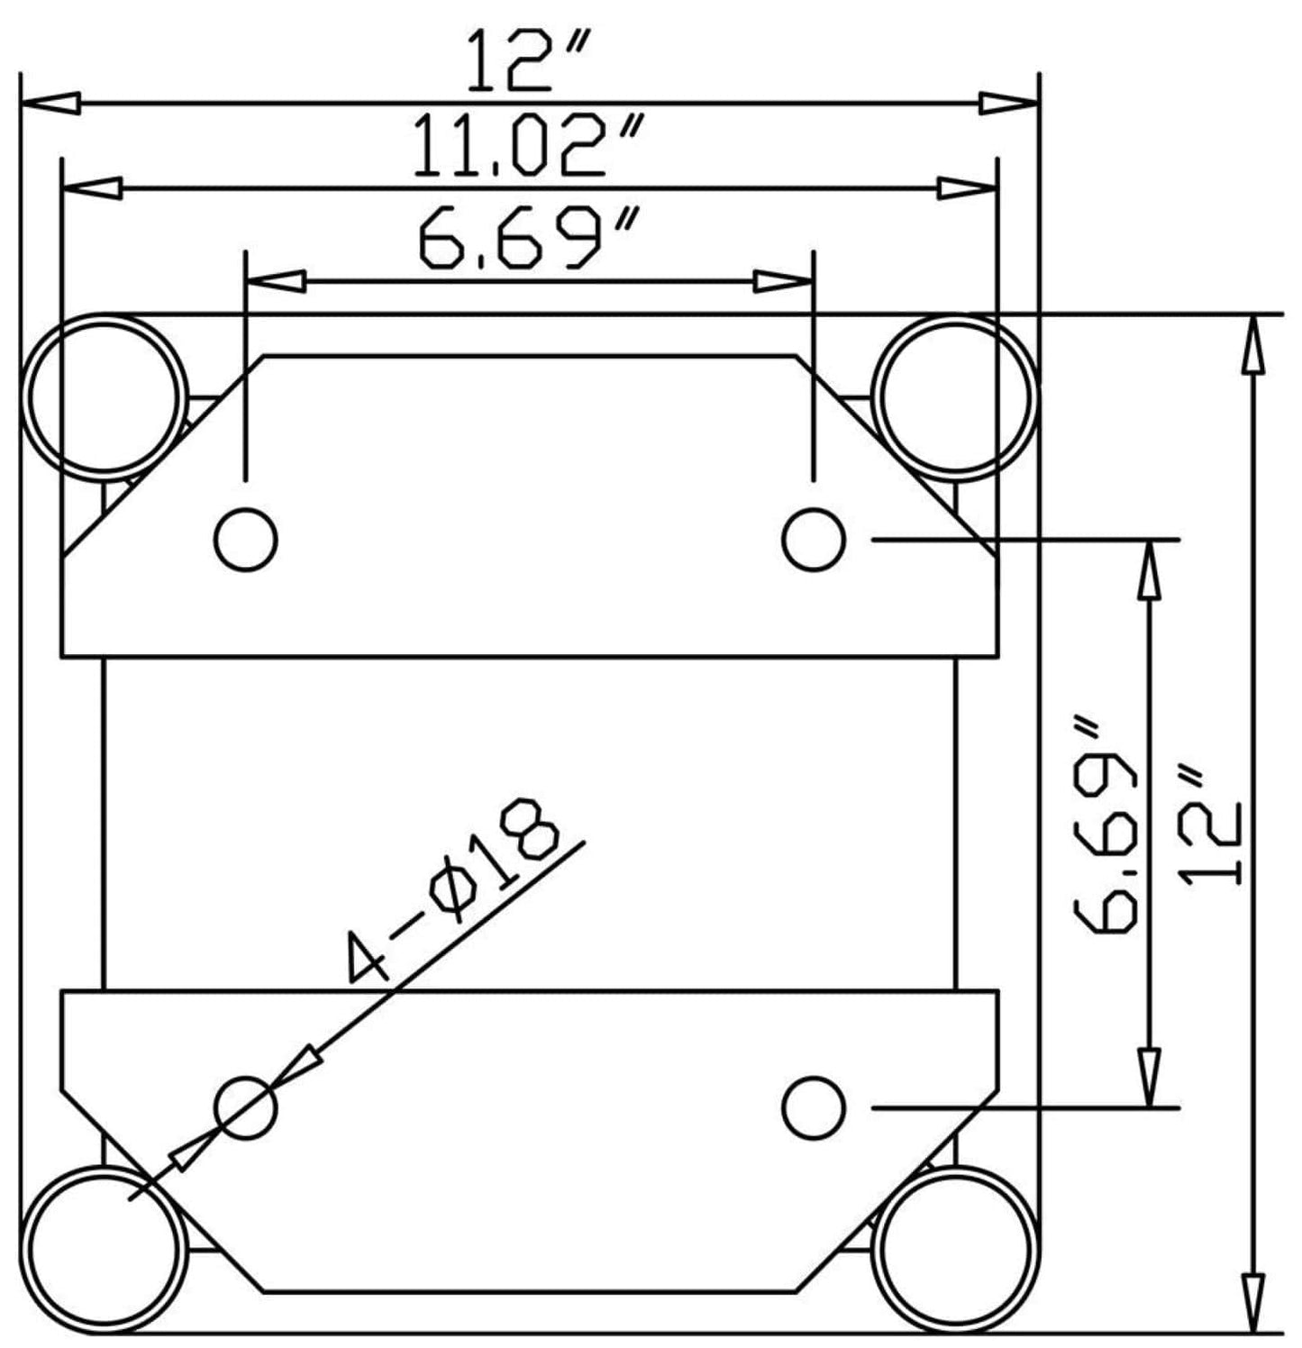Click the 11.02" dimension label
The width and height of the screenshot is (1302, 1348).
pyautogui.click(x=530, y=145)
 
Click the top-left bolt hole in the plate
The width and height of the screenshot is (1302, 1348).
pyautogui.click(x=246, y=539)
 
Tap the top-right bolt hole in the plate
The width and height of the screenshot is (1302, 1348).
pyautogui.click(x=814, y=539)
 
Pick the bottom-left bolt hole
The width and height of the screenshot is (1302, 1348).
pyautogui.click(x=246, y=1107)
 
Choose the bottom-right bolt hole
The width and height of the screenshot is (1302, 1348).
pyautogui.click(x=814, y=1107)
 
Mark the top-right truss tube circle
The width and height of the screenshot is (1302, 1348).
pyautogui.click(x=956, y=396)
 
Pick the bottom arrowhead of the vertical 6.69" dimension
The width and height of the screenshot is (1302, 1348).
pyautogui.click(x=1149, y=1076)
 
